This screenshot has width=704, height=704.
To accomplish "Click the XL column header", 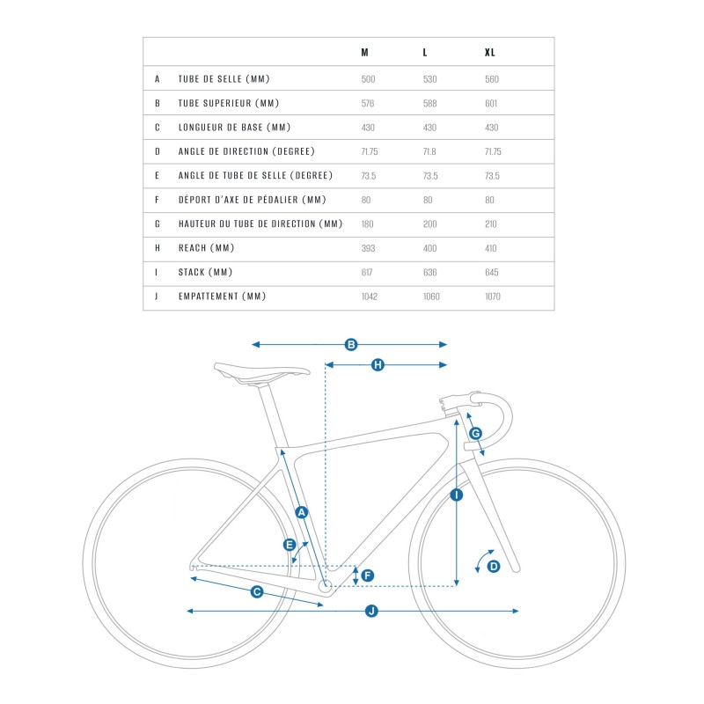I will coord(490,53).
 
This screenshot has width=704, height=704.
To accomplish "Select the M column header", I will coord(365,53).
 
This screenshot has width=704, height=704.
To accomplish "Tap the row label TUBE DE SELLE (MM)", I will coord(223,79).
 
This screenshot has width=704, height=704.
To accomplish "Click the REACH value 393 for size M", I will coord(369,248).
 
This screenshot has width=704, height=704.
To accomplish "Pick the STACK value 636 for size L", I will coord(430,273).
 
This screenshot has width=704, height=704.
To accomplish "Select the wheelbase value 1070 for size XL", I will coord(493,297).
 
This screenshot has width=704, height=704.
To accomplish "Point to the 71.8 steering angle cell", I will coord(429,151).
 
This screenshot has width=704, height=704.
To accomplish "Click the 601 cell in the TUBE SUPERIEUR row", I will coord(491,103).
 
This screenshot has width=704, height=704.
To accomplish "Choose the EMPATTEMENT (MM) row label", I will coord(222,297).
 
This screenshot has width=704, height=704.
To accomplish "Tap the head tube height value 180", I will coord(368,224).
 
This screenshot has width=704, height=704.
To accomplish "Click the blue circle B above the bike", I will coord(350,344).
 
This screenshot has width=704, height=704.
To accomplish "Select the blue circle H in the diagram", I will coord(378,364).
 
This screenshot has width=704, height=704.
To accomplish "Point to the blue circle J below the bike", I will coord(371,610).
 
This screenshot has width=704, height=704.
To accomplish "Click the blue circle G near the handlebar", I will coord(476,433).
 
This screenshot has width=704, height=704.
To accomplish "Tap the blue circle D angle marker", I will coord(494,566).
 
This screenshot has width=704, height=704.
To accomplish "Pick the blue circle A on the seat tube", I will coord(301,511).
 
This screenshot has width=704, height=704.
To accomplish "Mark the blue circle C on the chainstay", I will coord(257,591).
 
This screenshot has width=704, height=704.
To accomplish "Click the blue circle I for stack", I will coord(456,495).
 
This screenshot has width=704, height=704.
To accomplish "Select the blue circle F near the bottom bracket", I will coord(368,576).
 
